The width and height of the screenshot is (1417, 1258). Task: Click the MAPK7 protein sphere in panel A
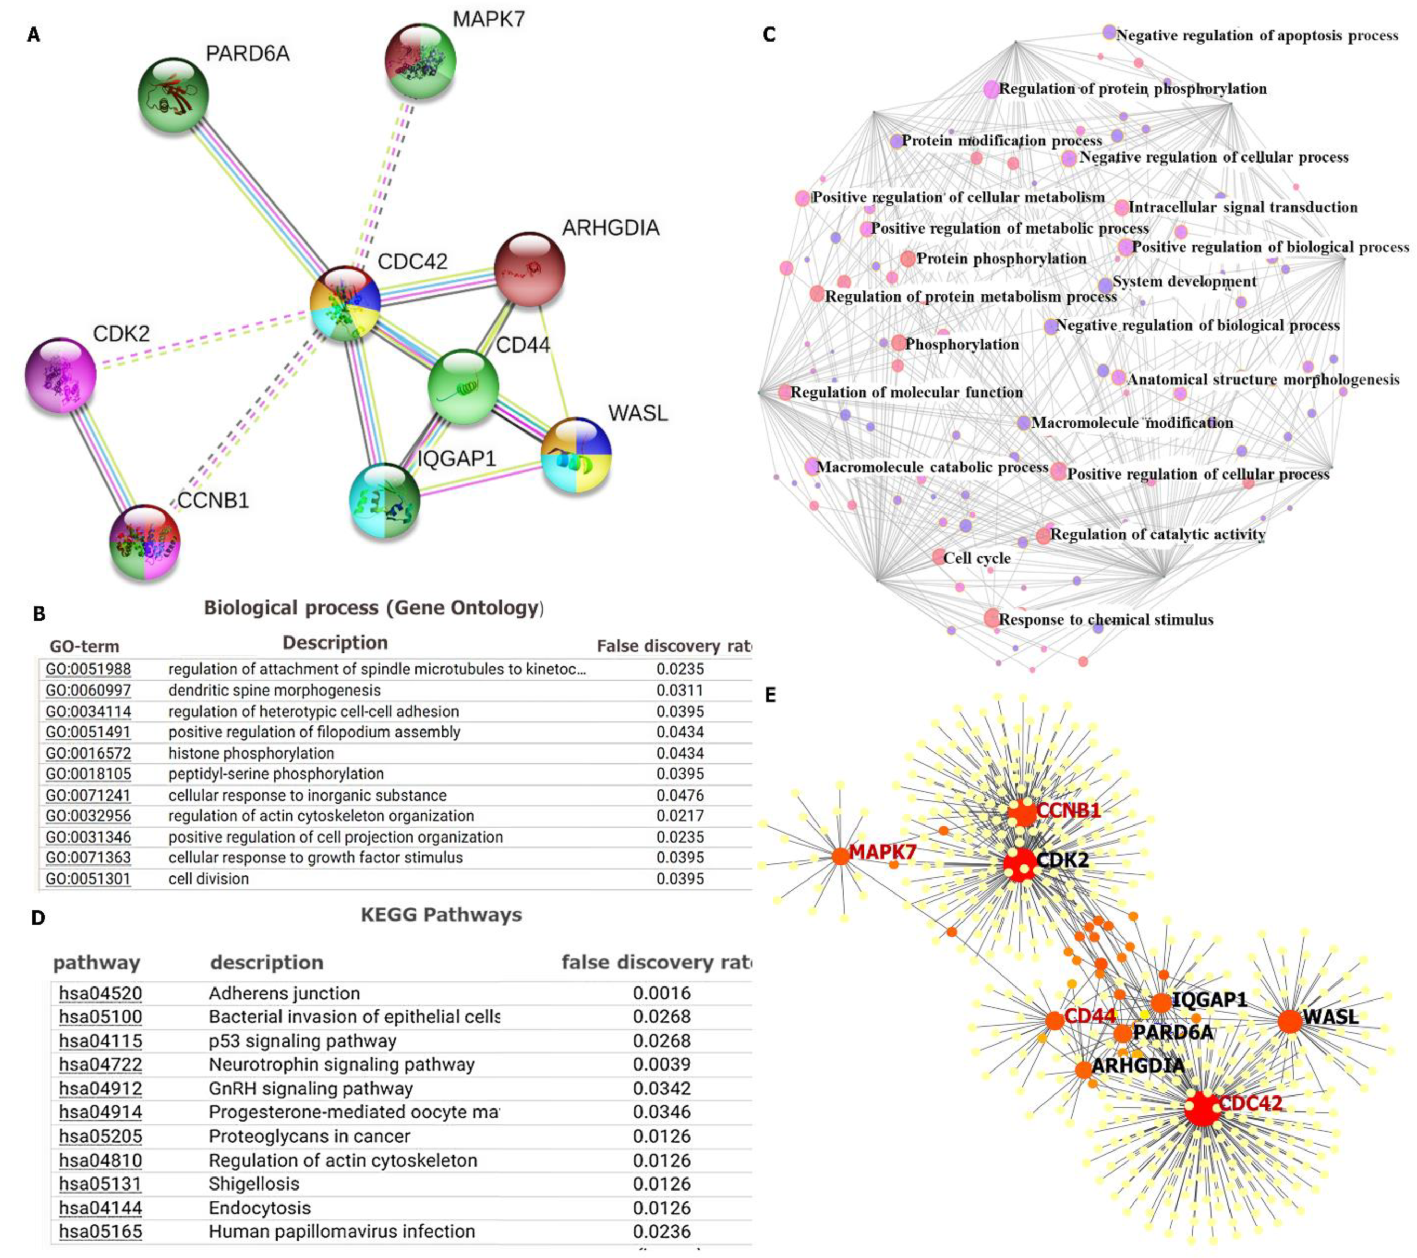420,60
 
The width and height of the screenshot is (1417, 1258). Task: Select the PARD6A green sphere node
173,95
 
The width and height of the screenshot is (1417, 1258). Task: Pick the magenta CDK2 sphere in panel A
61,376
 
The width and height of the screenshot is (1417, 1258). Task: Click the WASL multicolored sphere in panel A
576,455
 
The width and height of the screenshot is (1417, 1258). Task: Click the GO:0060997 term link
88,691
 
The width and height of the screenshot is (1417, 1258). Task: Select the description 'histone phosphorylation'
251,753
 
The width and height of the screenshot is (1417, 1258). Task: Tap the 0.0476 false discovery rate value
679,795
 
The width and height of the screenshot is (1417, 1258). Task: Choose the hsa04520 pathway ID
101,993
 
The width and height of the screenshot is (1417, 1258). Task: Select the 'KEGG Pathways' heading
441,915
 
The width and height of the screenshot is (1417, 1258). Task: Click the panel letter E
770,696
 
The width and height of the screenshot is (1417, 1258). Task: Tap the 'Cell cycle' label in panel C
977,558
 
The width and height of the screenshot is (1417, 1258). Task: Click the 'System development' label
1184,281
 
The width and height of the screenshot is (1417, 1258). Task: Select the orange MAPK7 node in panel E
840,856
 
